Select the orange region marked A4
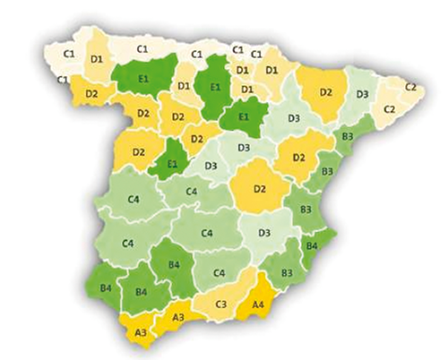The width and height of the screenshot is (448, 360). coord(257,304)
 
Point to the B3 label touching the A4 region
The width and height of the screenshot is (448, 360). coord(287,271)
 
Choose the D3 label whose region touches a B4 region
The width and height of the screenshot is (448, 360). coord(265,234)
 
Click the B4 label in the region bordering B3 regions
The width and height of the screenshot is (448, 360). coord(312,244)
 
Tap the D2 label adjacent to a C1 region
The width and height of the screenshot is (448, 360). coord(91,92)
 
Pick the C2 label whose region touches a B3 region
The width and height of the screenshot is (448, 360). coord(390,109)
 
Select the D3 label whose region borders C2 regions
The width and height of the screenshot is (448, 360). coord(363,94)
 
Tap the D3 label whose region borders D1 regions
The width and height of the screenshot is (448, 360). coord(293,117)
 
